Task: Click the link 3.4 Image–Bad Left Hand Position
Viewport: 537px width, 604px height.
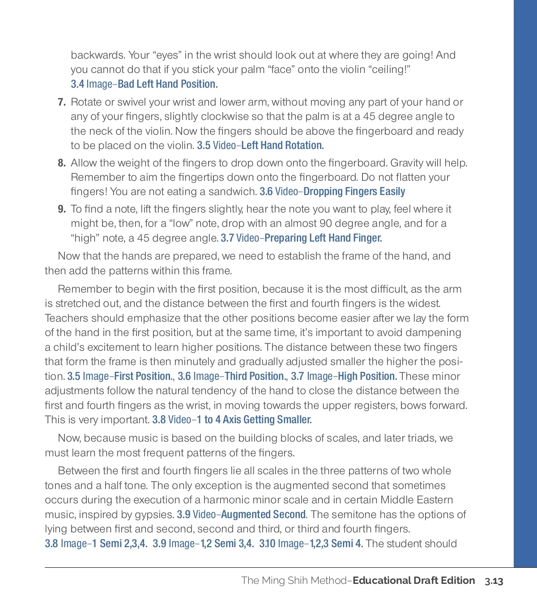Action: (x=144, y=84)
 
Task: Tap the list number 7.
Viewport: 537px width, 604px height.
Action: (x=62, y=102)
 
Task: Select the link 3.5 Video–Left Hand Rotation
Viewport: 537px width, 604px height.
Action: (x=260, y=145)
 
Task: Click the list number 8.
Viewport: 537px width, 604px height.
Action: (x=62, y=163)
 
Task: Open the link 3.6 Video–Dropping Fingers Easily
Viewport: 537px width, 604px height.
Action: (x=332, y=191)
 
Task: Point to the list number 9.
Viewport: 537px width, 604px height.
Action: (x=62, y=209)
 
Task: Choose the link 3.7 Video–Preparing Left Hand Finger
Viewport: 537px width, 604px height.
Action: (x=301, y=238)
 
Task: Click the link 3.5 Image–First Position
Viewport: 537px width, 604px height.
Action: (x=119, y=376)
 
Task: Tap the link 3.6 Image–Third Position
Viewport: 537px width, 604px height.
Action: (x=231, y=376)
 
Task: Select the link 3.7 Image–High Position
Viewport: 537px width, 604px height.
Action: (x=344, y=376)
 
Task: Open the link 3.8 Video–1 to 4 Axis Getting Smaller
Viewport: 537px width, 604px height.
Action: (x=232, y=420)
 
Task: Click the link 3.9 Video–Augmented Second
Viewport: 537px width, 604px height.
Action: (x=242, y=515)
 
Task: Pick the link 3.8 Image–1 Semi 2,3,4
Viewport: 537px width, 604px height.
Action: (x=96, y=544)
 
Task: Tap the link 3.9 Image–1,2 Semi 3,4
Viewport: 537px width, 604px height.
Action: (x=203, y=544)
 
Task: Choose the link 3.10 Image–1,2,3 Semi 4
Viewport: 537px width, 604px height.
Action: (x=311, y=544)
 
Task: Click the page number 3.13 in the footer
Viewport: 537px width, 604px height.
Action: (x=494, y=581)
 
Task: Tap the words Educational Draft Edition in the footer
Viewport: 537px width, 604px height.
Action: (x=413, y=580)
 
